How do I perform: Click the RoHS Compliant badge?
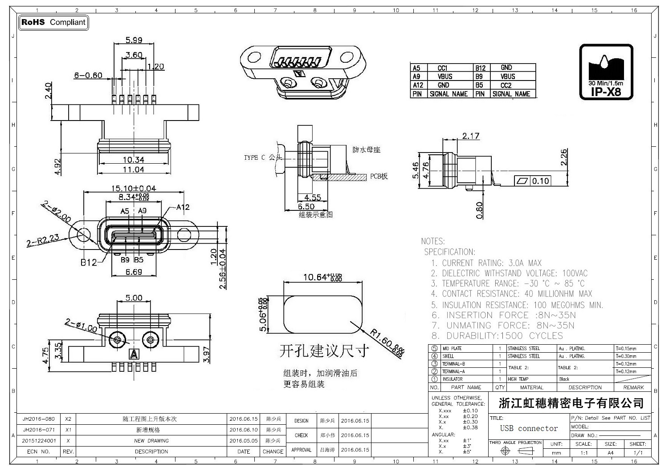point(53,22)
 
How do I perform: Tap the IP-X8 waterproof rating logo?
point(606,72)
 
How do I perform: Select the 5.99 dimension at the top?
point(134,40)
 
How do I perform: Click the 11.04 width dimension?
point(134,169)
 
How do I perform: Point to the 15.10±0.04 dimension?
point(134,188)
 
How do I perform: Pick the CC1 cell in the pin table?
point(442,68)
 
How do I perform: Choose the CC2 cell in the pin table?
point(506,85)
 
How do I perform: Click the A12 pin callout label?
point(183,207)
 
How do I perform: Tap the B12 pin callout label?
point(88,262)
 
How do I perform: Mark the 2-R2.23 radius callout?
point(43,241)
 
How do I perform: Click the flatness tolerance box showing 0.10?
point(533,181)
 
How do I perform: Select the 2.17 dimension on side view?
point(470,136)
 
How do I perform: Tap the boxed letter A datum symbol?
point(133,354)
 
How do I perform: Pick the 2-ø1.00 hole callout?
point(81,326)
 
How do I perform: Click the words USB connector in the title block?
point(529,428)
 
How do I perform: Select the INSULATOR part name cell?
point(452,379)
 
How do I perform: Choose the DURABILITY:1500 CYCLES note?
point(497,336)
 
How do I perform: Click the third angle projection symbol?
point(515,451)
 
